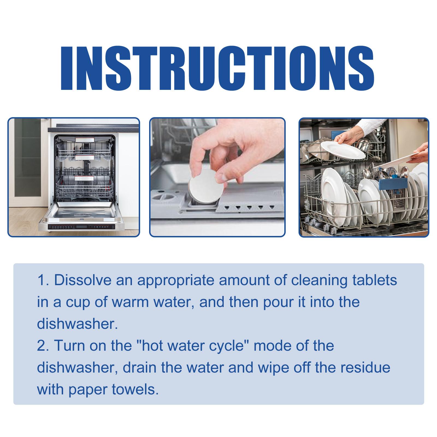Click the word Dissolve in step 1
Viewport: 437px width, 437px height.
click(83, 280)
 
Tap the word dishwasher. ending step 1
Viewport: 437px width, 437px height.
click(77, 324)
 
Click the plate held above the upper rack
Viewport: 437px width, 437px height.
click(342, 150)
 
